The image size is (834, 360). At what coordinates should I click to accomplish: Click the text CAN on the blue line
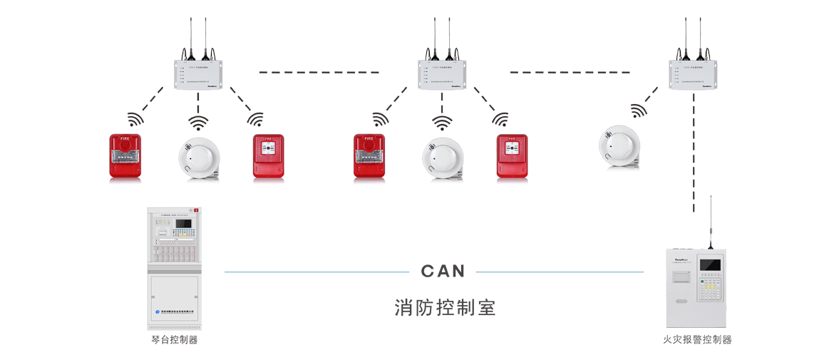pyautogui.click(x=443, y=272)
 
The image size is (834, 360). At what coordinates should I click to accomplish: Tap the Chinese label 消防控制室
pyautogui.click(x=445, y=308)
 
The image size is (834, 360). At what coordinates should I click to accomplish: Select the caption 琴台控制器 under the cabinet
pyautogui.click(x=175, y=340)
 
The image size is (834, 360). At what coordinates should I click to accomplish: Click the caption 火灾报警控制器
pyautogui.click(x=696, y=340)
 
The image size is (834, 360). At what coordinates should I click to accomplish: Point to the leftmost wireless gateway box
pyautogui.click(x=199, y=75)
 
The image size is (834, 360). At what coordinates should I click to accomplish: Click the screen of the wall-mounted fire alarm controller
pyautogui.click(x=710, y=266)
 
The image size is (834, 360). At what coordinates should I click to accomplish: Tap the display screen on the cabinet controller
pyautogui.click(x=183, y=224)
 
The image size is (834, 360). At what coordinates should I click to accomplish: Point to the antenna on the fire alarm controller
pyautogui.click(x=710, y=221)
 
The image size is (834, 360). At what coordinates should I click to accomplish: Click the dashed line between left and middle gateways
pyautogui.click(x=319, y=72)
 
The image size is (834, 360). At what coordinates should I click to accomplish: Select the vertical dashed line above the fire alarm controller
pyautogui.click(x=693, y=153)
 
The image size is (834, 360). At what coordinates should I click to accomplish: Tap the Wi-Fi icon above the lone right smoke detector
pyautogui.click(x=638, y=110)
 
